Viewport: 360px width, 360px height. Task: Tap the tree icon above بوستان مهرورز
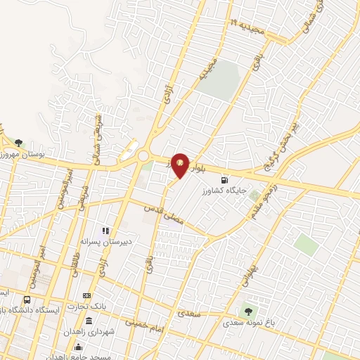[x=19, y=142]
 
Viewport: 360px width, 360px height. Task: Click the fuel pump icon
[x=224, y=179]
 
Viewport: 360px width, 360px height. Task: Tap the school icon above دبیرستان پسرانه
[x=105, y=230]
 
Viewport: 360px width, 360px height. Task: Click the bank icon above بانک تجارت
[x=86, y=295]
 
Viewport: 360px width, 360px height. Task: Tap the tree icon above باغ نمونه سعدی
[x=247, y=311]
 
